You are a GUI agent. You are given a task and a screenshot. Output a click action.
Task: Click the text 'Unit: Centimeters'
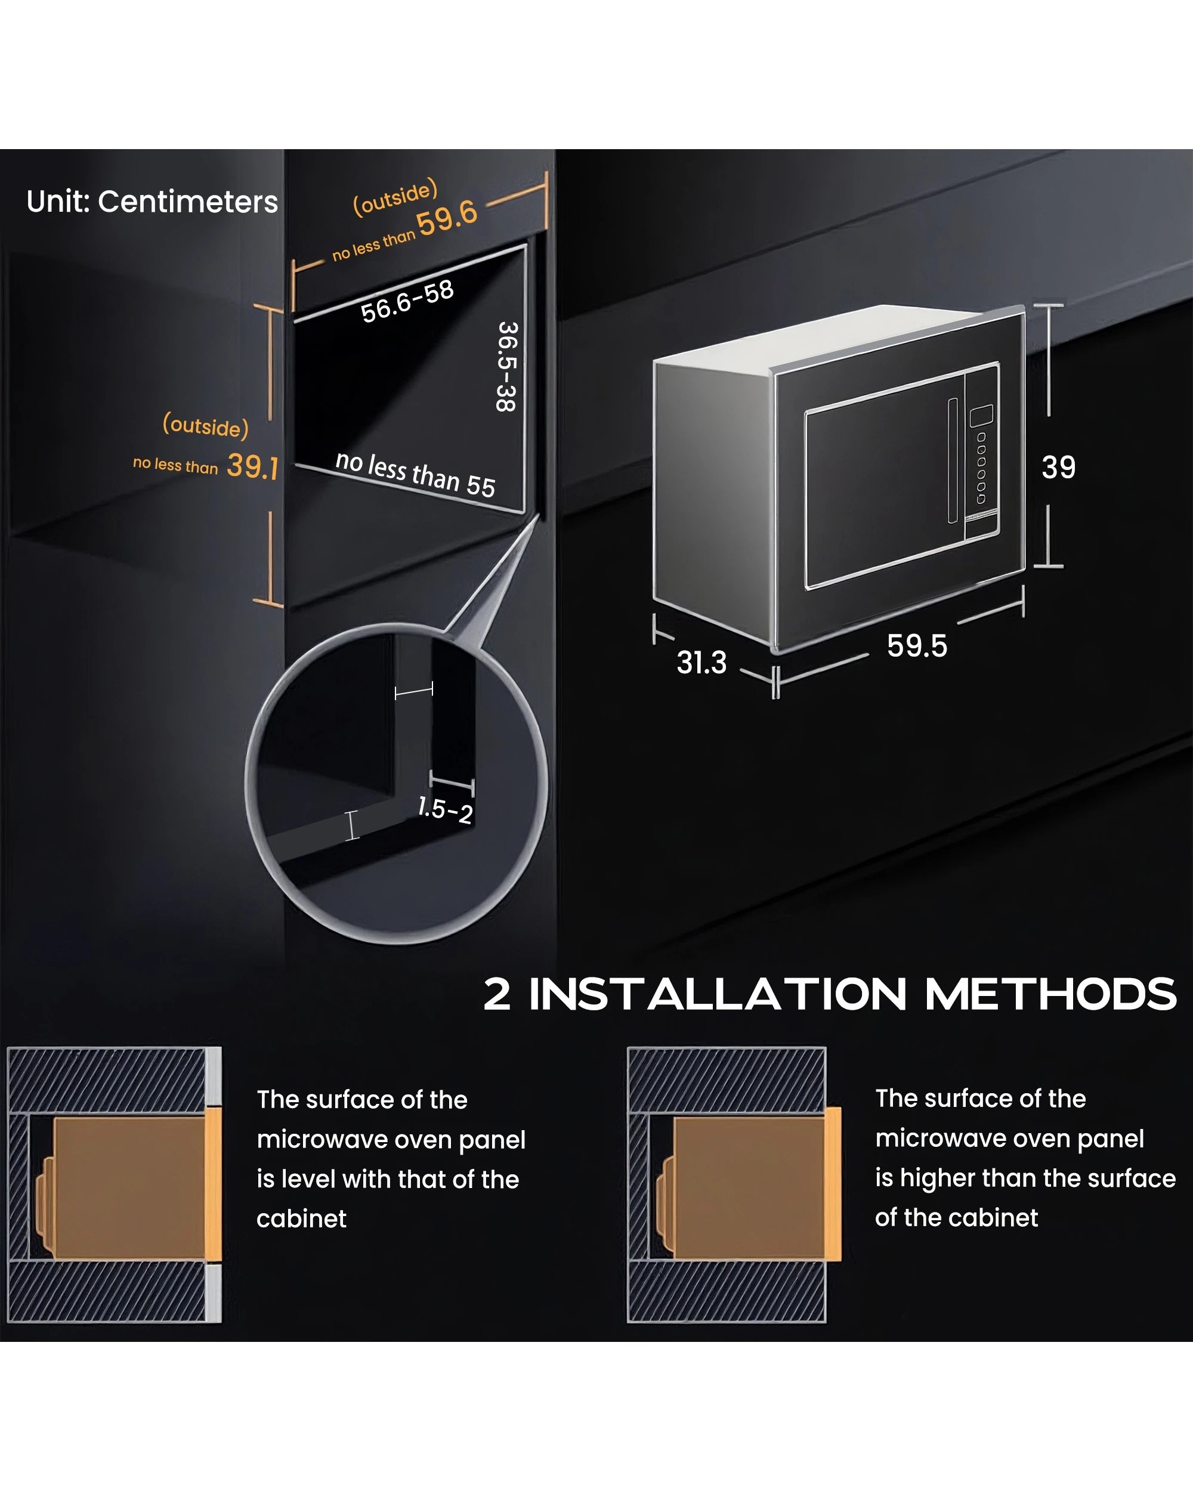tap(152, 202)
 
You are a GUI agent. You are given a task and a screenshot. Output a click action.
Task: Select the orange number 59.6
tap(447, 217)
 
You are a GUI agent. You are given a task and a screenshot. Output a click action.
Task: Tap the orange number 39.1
tap(252, 467)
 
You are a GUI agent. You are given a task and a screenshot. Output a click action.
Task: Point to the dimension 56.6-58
tap(407, 302)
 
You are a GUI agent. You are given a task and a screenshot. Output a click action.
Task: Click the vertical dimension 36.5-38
tap(506, 367)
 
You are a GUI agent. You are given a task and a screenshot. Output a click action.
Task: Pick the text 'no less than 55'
tap(415, 475)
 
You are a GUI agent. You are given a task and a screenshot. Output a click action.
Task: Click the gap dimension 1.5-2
tap(446, 810)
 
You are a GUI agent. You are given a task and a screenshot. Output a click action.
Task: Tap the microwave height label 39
tap(1058, 468)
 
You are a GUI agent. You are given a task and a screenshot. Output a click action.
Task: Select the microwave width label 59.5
tap(917, 646)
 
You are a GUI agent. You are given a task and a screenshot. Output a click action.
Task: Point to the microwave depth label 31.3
tap(701, 663)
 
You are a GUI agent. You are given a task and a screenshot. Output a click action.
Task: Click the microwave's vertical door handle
tap(953, 460)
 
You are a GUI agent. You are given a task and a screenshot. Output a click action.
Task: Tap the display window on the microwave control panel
tap(981, 416)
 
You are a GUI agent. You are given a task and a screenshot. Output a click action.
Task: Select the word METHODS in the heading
tap(1050, 994)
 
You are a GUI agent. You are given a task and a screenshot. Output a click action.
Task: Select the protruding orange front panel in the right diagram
tap(833, 1183)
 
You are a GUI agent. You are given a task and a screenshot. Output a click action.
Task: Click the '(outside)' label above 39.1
tap(205, 425)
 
